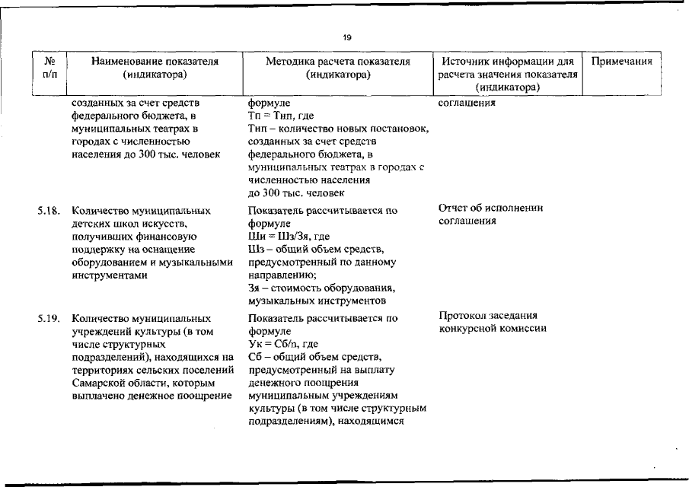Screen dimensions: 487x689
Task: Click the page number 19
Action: (347, 37)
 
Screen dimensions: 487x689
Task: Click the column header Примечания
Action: (622, 62)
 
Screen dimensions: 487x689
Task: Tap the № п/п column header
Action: (48, 68)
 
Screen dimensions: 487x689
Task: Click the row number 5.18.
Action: (49, 209)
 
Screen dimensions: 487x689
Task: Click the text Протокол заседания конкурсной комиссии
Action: (493, 322)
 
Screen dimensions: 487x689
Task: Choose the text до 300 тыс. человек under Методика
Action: (290, 193)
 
